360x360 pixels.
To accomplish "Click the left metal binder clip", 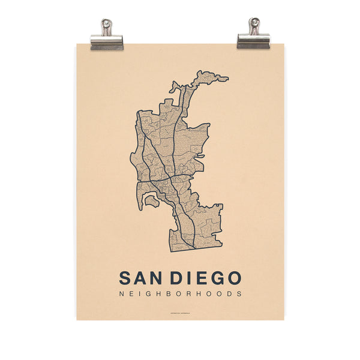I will [x=106, y=37].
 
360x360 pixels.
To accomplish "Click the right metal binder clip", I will [x=253, y=37].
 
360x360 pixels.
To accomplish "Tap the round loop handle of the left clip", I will [x=106, y=25].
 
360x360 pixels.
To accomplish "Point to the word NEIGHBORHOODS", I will [x=180, y=295].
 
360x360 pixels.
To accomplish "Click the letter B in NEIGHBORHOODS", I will [x=172, y=295].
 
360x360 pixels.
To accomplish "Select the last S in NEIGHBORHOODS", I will [x=239, y=295].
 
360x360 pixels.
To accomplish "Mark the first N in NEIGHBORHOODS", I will [x=122, y=295].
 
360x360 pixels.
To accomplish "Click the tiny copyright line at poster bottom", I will [x=180, y=311].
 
